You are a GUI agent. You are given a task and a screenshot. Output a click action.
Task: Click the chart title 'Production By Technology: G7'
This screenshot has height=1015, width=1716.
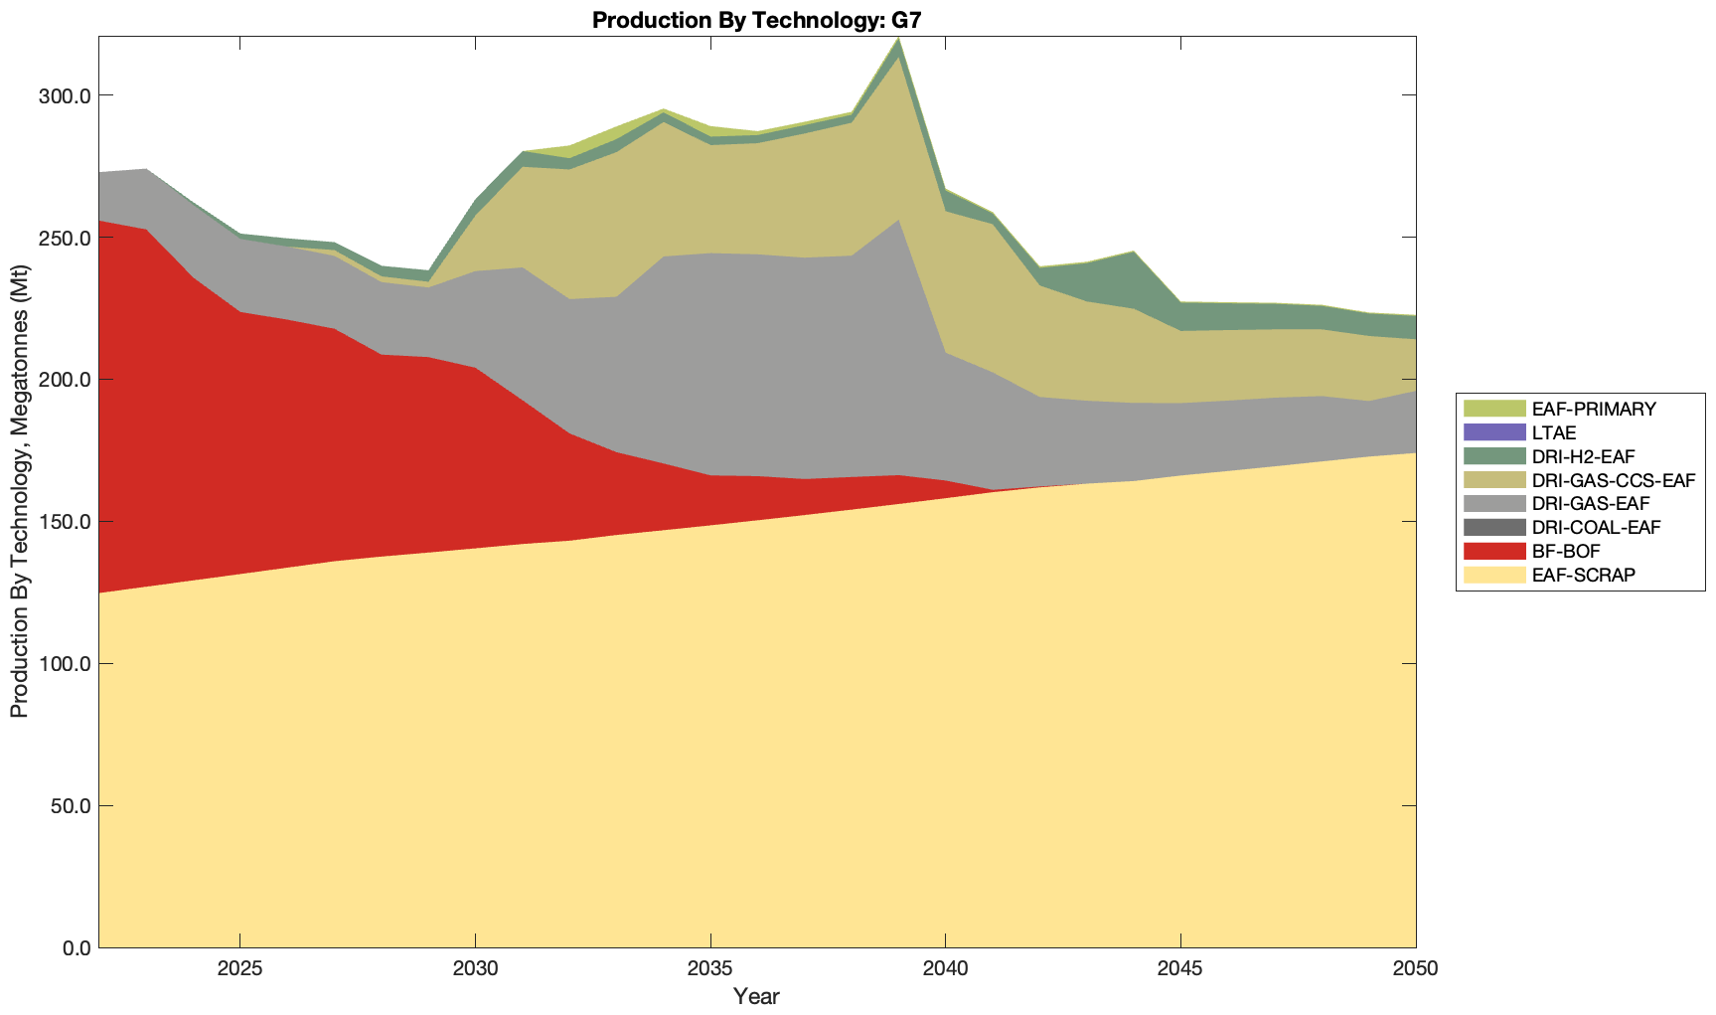[x=756, y=19]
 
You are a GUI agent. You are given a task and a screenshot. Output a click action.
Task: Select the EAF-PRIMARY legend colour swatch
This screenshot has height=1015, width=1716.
[x=1493, y=409]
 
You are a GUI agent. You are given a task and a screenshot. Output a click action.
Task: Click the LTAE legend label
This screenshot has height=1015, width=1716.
[x=1554, y=432]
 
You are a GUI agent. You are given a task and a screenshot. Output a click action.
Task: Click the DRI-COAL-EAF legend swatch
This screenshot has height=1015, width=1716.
[x=1493, y=527]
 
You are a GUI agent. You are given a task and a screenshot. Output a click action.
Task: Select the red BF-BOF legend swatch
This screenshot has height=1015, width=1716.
[x=1493, y=551]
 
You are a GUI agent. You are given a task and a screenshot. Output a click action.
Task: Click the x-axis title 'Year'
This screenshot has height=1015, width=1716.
[x=756, y=996]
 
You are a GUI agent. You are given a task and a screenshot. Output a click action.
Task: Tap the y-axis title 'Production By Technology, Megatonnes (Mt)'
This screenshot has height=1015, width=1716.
[x=19, y=492]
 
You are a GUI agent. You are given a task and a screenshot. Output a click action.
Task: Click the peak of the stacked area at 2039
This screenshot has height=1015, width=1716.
[x=898, y=39]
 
